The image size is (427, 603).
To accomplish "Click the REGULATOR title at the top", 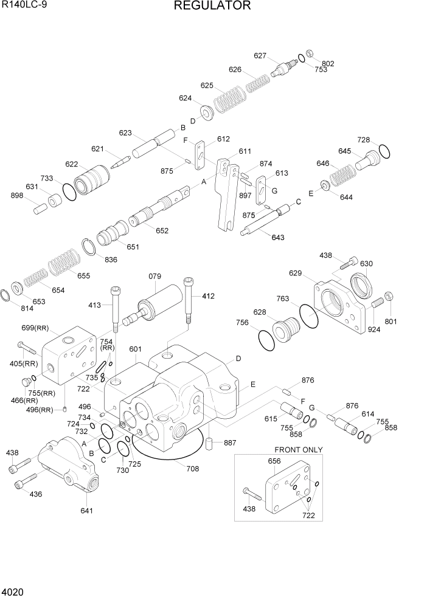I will (x=212, y=6).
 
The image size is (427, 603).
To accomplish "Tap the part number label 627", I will (x=260, y=56).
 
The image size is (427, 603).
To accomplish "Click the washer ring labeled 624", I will (x=205, y=111).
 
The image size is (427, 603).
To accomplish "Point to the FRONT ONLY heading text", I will (x=299, y=450).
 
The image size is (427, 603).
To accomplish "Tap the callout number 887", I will (x=230, y=443).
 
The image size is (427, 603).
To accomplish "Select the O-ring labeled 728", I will (x=384, y=150).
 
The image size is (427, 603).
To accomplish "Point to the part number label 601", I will (x=135, y=349).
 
